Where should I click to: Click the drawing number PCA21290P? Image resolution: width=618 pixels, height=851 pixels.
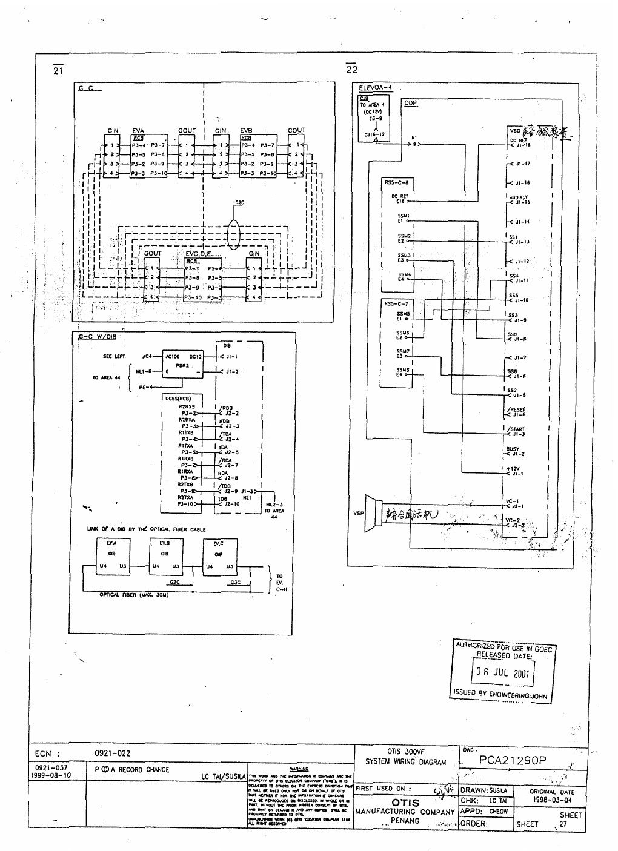click(x=512, y=760)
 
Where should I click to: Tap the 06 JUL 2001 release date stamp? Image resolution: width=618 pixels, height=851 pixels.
click(x=502, y=672)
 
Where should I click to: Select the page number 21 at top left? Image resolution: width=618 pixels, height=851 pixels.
click(x=58, y=70)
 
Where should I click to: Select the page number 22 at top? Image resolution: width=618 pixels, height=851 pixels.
click(x=352, y=70)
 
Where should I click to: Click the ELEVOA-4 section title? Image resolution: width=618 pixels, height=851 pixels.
click(x=375, y=88)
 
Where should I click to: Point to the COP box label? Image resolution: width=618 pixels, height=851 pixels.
click(x=410, y=103)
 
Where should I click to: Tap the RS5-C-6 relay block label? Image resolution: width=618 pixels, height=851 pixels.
click(x=396, y=182)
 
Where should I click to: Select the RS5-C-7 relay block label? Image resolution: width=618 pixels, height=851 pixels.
click(x=396, y=303)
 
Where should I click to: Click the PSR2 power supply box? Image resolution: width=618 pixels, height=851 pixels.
click(x=182, y=366)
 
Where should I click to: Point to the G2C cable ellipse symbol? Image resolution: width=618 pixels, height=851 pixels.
click(x=233, y=233)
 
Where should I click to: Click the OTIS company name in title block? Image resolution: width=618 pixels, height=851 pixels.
click(x=405, y=803)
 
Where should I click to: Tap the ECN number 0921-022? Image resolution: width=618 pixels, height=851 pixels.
click(x=112, y=753)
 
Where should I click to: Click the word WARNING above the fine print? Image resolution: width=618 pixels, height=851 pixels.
click(x=299, y=769)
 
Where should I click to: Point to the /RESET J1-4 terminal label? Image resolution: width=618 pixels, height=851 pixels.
click(x=516, y=412)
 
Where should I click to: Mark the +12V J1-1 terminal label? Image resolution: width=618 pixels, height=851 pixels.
click(x=514, y=471)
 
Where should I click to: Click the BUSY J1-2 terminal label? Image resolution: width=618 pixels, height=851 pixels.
click(x=514, y=451)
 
